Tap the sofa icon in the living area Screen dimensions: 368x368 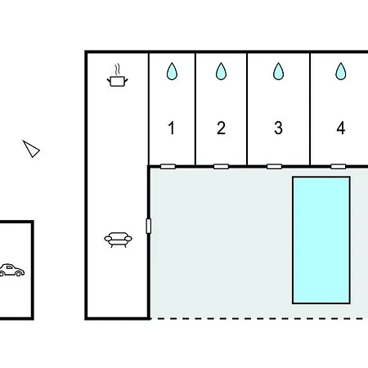118,240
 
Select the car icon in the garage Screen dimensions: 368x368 12,270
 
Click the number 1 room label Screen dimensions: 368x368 171,128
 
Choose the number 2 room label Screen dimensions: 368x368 221,128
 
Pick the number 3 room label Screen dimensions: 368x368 278,128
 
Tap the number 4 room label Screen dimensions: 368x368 341,128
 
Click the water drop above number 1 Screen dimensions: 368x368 172,71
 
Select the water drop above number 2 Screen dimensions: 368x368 221,71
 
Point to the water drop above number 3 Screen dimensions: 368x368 278,71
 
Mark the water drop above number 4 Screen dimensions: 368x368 341,71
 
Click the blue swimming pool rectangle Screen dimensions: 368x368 321,240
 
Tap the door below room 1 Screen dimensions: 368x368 168,166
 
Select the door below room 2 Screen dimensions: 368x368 221,166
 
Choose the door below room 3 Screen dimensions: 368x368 274,166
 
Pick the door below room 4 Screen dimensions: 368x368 338,166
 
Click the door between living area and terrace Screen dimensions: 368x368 149,226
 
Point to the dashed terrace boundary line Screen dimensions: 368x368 258,318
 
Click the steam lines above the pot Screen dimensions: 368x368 117,70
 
